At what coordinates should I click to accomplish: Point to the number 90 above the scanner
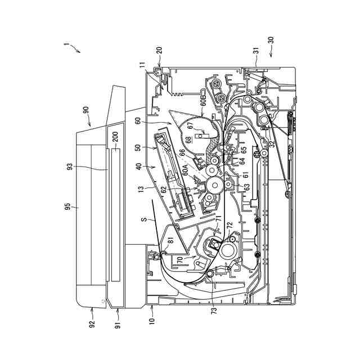point(86,111)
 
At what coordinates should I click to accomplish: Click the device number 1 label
point(66,44)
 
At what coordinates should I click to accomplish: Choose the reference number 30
point(271,40)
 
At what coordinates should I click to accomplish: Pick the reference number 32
point(272,144)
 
